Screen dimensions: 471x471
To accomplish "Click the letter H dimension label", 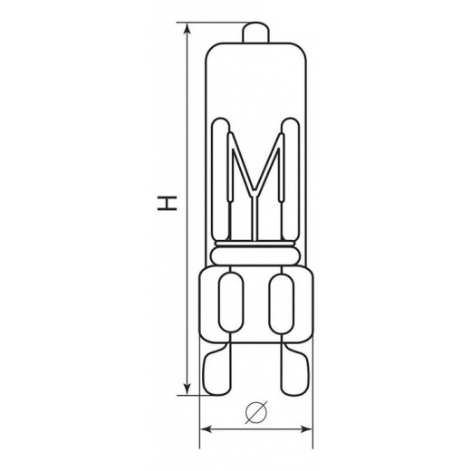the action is (167, 203).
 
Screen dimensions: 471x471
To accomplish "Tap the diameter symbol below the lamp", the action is (256, 412).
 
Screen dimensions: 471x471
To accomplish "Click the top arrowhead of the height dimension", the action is (187, 29).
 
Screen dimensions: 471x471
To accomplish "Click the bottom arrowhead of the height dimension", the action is (187, 389).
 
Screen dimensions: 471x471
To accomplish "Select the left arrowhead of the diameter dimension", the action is (207, 429).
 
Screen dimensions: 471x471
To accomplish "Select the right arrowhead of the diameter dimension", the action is (306, 429).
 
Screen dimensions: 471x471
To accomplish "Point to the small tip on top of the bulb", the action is (255, 32).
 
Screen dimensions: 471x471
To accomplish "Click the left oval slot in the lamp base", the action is (231, 303).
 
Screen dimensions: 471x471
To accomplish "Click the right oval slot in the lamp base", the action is (282, 303).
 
